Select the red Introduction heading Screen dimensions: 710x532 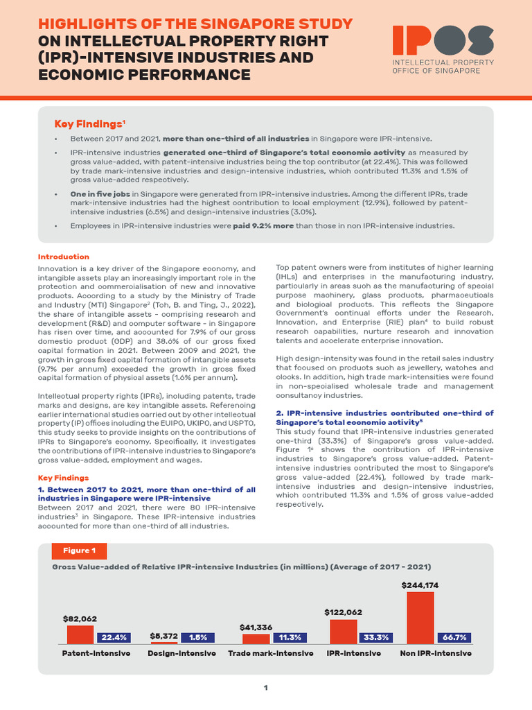pos(63,257)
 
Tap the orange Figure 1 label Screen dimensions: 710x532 pos(80,551)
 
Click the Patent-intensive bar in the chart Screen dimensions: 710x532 pos(80,634)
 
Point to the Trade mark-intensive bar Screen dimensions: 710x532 pos(256,639)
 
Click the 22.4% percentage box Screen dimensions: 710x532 pos(114,638)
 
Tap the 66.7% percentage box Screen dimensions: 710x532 pos(454,638)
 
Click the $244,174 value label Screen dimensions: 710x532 pos(420,585)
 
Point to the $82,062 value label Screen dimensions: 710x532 pos(80,618)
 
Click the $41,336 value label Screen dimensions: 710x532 pos(256,627)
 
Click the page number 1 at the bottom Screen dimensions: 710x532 pos(265,688)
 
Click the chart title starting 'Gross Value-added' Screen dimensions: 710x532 pos(242,566)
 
